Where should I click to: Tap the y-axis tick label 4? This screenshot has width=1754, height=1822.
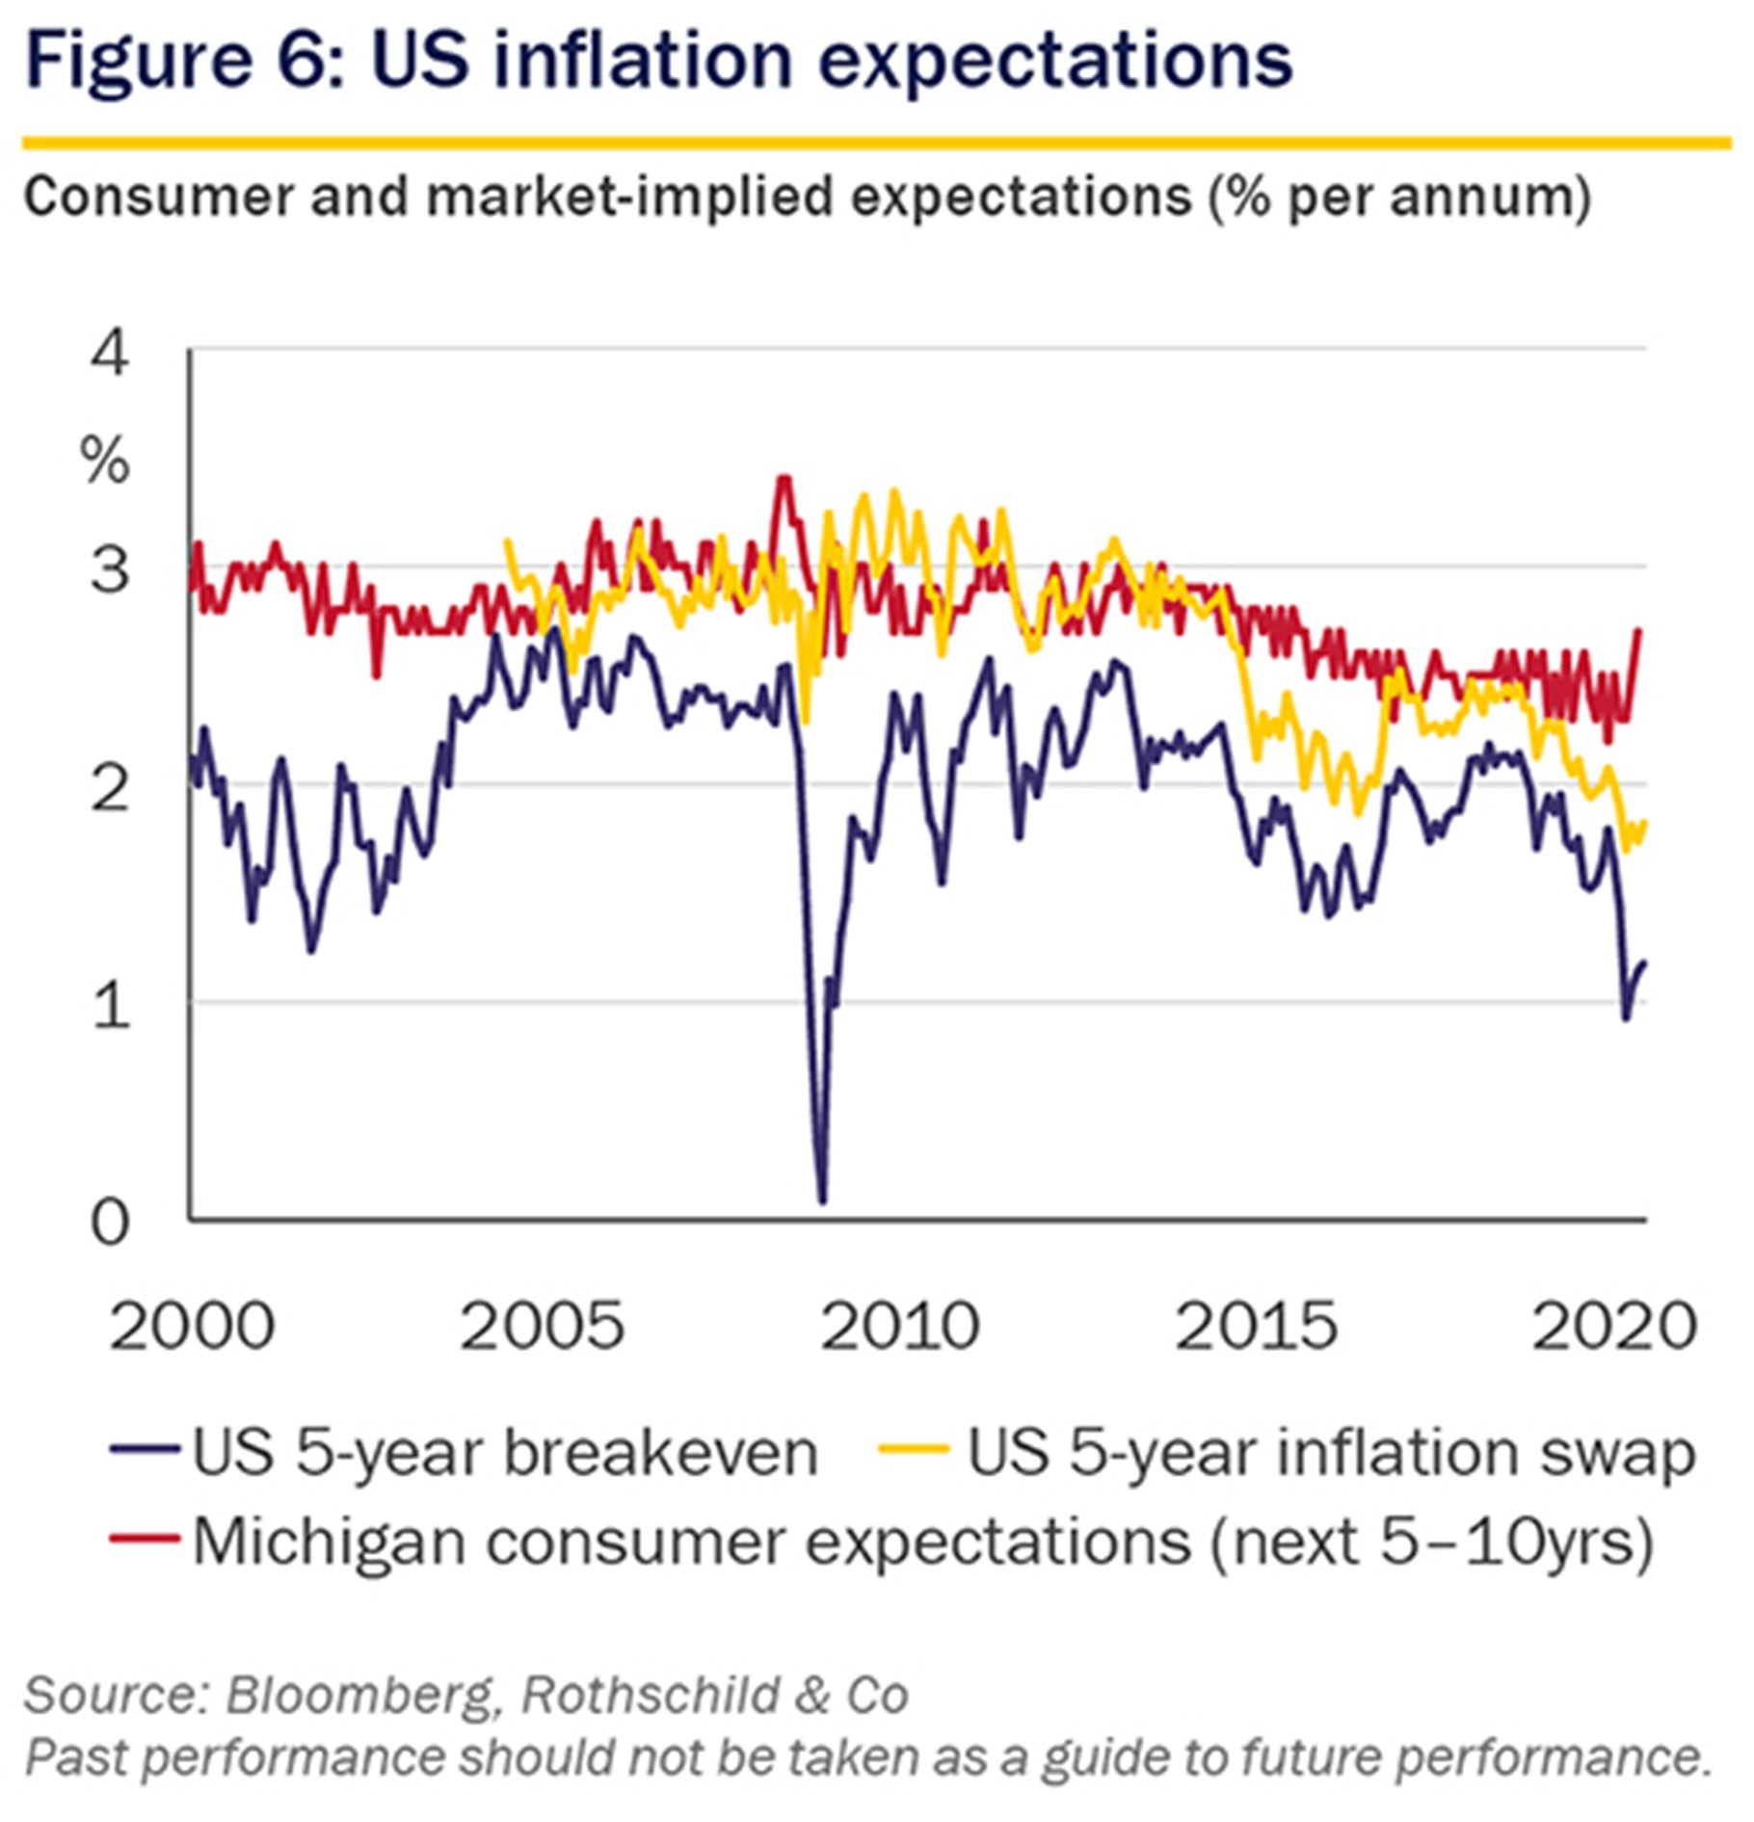coord(109,353)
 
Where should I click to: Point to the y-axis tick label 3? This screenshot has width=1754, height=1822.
coord(109,569)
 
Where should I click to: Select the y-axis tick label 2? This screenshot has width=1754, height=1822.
coord(109,788)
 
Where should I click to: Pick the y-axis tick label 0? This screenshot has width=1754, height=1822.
coord(109,1224)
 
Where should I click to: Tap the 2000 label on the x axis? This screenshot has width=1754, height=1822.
coord(192,1328)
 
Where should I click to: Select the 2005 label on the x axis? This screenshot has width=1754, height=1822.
coord(543,1328)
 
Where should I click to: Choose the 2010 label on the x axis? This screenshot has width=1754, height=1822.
coord(900,1328)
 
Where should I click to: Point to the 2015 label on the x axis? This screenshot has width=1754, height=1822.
coord(1257,1328)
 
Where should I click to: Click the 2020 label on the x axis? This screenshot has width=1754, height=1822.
coord(1614,1328)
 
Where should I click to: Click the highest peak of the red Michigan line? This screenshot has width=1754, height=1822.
coord(784,478)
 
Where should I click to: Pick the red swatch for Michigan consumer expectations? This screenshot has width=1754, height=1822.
coord(146,1539)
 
